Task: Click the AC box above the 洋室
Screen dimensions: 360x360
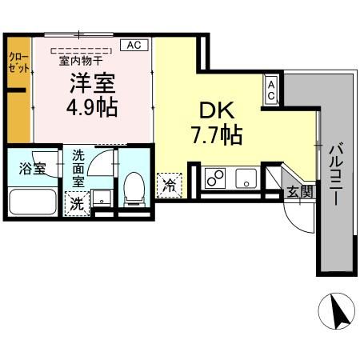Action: click(x=134, y=46)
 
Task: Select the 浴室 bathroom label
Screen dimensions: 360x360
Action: click(x=31, y=168)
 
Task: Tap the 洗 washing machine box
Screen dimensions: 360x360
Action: click(x=77, y=203)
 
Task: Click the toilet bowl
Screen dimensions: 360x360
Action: click(x=134, y=189)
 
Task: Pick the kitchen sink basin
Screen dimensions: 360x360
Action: click(x=245, y=178)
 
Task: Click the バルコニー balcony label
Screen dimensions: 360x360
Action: click(x=335, y=173)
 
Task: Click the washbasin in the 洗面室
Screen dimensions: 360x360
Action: click(x=102, y=199)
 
